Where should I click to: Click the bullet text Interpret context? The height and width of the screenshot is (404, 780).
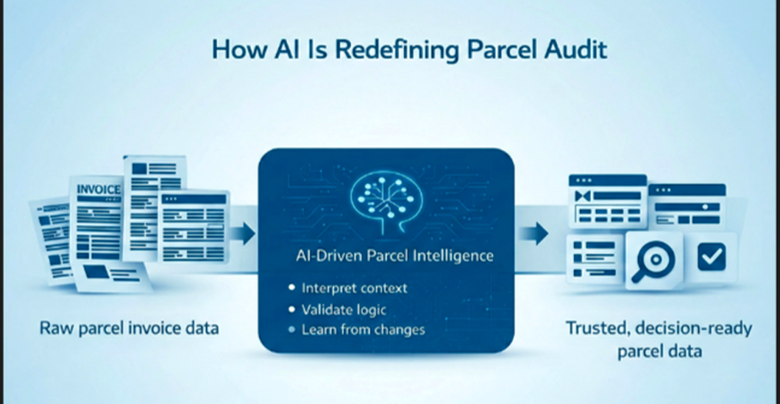(x=355, y=289)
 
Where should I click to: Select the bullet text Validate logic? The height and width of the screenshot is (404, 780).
(x=344, y=309)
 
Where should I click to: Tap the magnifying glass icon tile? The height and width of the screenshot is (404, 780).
(x=655, y=262)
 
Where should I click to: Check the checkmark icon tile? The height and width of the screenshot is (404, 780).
(x=712, y=258)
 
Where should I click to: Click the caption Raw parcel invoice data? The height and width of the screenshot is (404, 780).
(x=129, y=329)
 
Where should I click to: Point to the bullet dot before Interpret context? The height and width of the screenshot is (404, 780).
(x=292, y=289)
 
